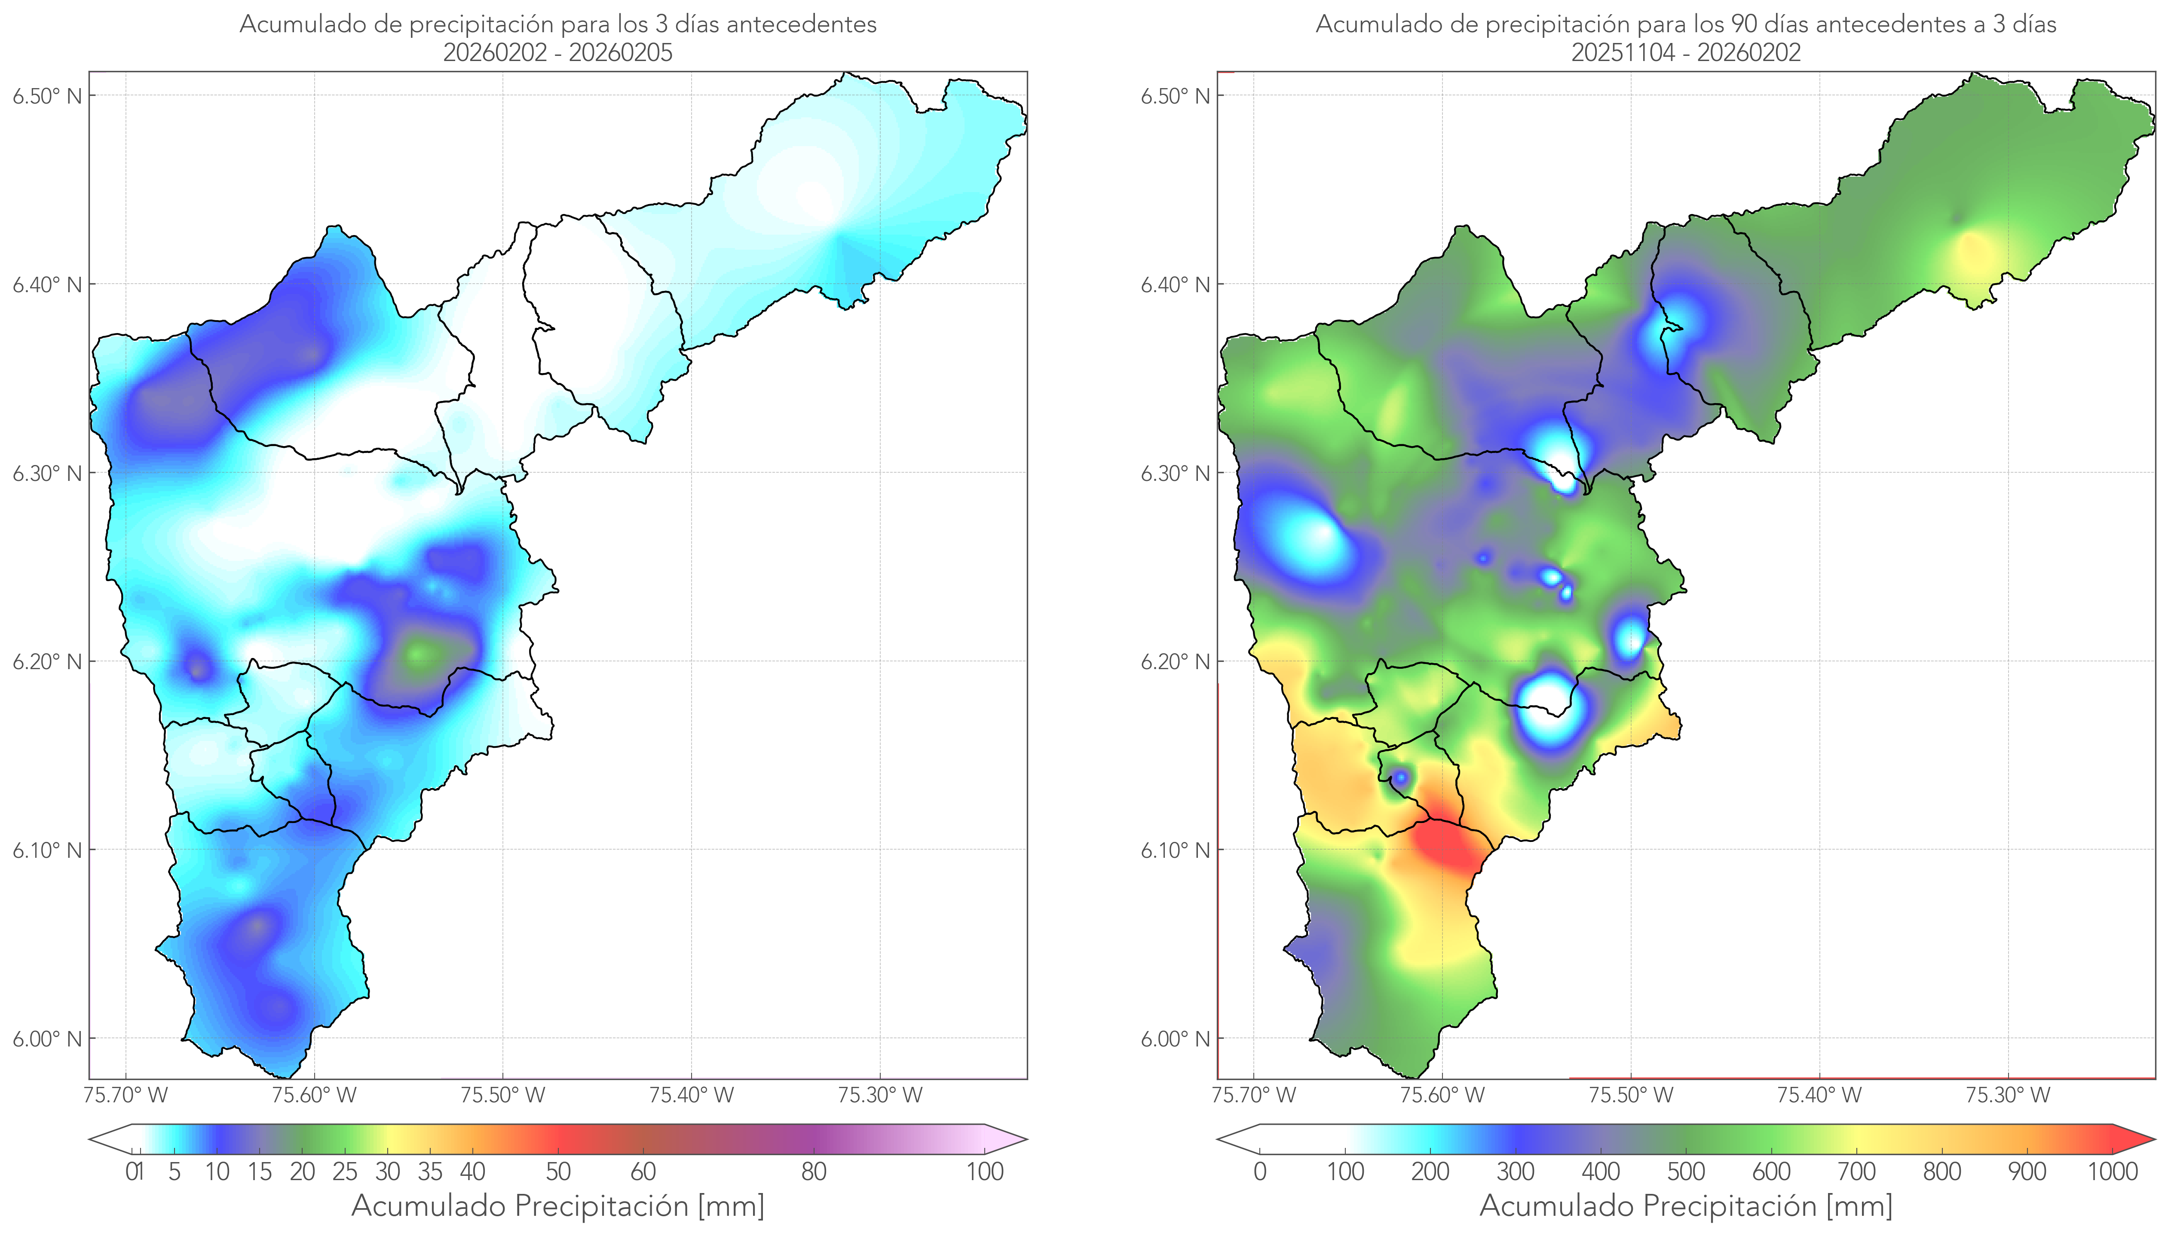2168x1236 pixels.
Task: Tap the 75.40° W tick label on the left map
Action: (x=691, y=1095)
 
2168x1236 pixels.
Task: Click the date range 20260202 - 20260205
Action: (x=558, y=52)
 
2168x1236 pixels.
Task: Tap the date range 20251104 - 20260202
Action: (x=1686, y=52)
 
